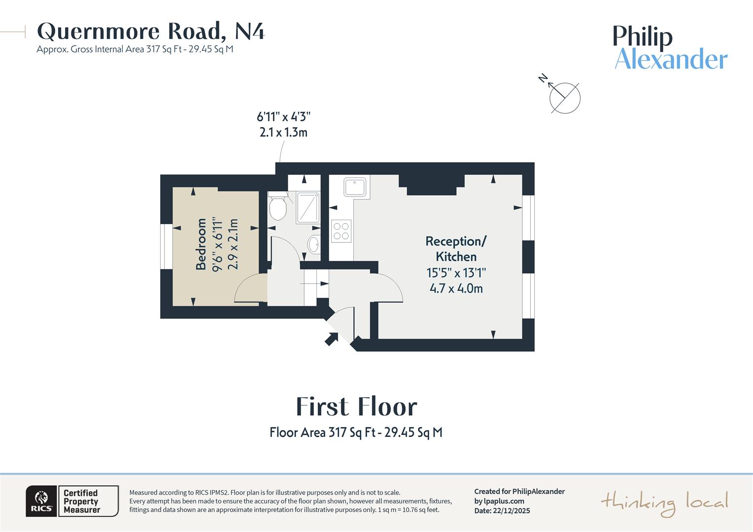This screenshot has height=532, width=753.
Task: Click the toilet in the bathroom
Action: click(278, 207)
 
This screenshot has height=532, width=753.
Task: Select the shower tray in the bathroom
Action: click(308, 207)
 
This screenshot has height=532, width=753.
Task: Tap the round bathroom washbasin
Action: click(313, 244)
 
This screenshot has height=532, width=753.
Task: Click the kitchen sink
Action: click(355, 188)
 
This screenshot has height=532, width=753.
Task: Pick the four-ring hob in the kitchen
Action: click(341, 231)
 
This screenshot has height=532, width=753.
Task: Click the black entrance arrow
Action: click(331, 338)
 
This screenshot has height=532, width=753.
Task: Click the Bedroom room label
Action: click(201, 244)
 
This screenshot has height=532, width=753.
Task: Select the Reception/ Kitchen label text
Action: click(456, 249)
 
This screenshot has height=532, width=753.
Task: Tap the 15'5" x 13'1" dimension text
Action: click(456, 273)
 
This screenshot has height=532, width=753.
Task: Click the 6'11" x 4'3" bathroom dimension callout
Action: click(283, 124)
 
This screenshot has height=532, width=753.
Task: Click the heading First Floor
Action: click(356, 407)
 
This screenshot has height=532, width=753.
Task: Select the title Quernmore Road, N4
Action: click(151, 32)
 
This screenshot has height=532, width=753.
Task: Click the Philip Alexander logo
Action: click(670, 48)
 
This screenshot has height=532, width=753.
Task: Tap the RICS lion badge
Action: click(41, 501)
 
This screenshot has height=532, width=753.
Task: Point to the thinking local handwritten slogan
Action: click(664, 503)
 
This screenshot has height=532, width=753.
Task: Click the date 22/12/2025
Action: click(511, 511)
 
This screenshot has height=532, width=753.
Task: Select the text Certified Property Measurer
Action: click(82, 501)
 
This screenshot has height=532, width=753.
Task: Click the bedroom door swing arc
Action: click(249, 288)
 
